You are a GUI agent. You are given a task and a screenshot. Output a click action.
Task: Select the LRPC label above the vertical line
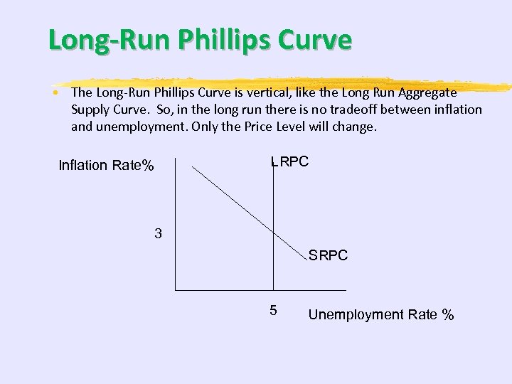[x=290, y=161]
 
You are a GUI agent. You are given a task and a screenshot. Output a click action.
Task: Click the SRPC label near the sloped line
[x=328, y=255]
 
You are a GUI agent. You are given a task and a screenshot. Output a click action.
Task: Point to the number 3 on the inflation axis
[x=158, y=233]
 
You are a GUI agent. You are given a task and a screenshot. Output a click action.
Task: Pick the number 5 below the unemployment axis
[x=273, y=311]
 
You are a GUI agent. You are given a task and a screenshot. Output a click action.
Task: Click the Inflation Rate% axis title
[x=106, y=166]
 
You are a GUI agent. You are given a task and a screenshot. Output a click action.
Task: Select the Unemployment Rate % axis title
[x=381, y=314]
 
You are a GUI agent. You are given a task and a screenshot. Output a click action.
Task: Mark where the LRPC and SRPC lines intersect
[x=273, y=231]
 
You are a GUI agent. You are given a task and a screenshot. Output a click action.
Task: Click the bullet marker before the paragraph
[x=55, y=93]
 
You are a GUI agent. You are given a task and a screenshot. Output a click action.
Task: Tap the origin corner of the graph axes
[x=176, y=290]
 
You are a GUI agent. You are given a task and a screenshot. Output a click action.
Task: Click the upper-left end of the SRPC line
[x=194, y=167]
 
